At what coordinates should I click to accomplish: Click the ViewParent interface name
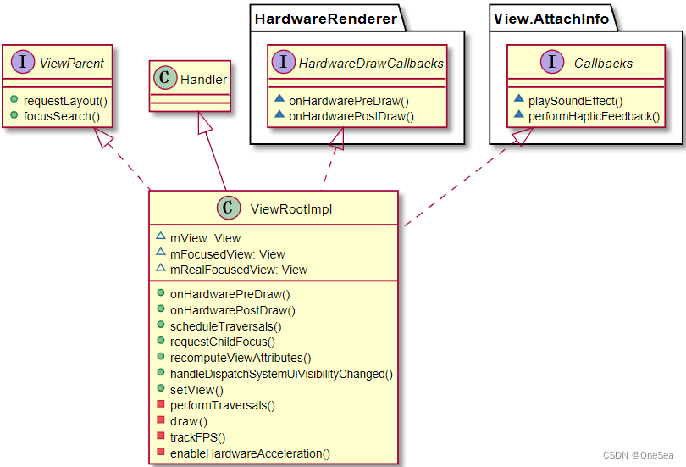pyautogui.click(x=72, y=62)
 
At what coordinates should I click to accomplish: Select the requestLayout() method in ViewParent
pyautogui.click(x=64, y=100)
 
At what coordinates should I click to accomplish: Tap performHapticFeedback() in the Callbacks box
pyautogui.click(x=594, y=115)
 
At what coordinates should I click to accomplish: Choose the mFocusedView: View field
pyautogui.click(x=227, y=254)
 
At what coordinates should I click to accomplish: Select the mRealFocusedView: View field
pyautogui.click(x=238, y=270)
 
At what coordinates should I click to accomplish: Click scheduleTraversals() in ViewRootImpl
pyautogui.click(x=225, y=325)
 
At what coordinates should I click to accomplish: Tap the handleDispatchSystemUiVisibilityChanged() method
pyautogui.click(x=281, y=373)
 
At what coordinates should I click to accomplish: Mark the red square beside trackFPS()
pyautogui.click(x=160, y=437)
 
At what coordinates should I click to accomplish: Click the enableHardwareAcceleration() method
pyautogui.click(x=250, y=453)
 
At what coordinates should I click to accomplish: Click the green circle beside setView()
pyautogui.click(x=160, y=390)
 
